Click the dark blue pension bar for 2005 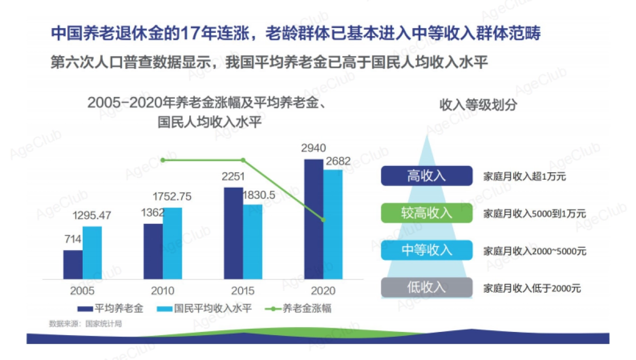(73, 265)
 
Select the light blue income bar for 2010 (172, 243)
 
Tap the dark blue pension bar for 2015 (233, 233)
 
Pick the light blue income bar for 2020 (333, 224)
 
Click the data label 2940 (313, 148)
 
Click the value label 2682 (338, 162)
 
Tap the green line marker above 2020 (323, 219)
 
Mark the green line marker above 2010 (163, 160)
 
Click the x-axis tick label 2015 (243, 291)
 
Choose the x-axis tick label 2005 (82, 291)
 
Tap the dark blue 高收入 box (426, 176)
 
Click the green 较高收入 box (426, 213)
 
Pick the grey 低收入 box (426, 288)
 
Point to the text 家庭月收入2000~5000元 (535, 251)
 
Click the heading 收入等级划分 (478, 104)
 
